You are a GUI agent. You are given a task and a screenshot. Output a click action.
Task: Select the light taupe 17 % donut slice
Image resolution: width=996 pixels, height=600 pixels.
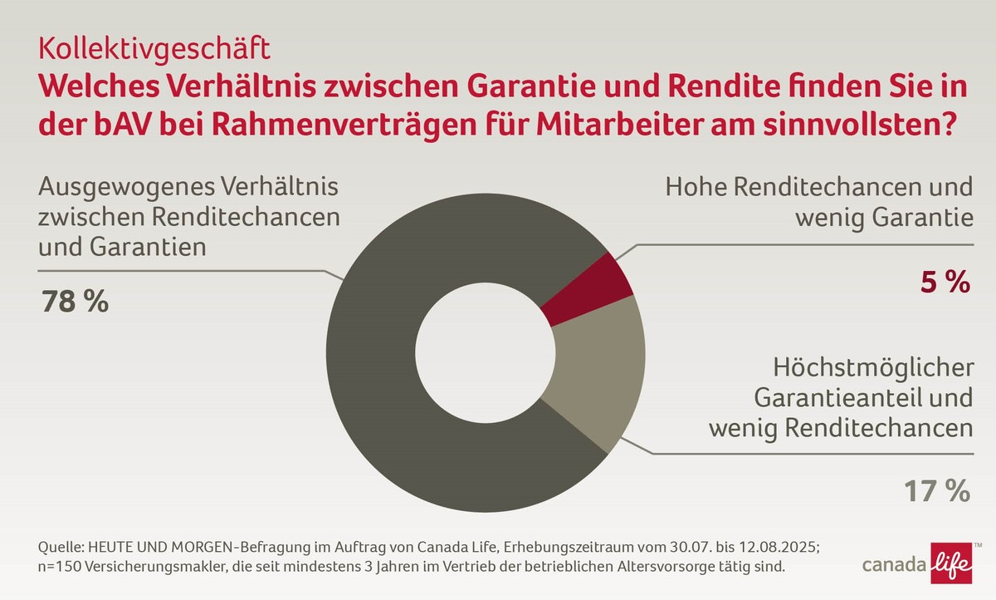(x=602, y=382)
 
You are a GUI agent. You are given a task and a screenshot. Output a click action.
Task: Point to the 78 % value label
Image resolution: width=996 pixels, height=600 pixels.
(x=75, y=300)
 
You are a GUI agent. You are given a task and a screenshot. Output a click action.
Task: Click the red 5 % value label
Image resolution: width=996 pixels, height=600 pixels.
(x=943, y=283)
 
